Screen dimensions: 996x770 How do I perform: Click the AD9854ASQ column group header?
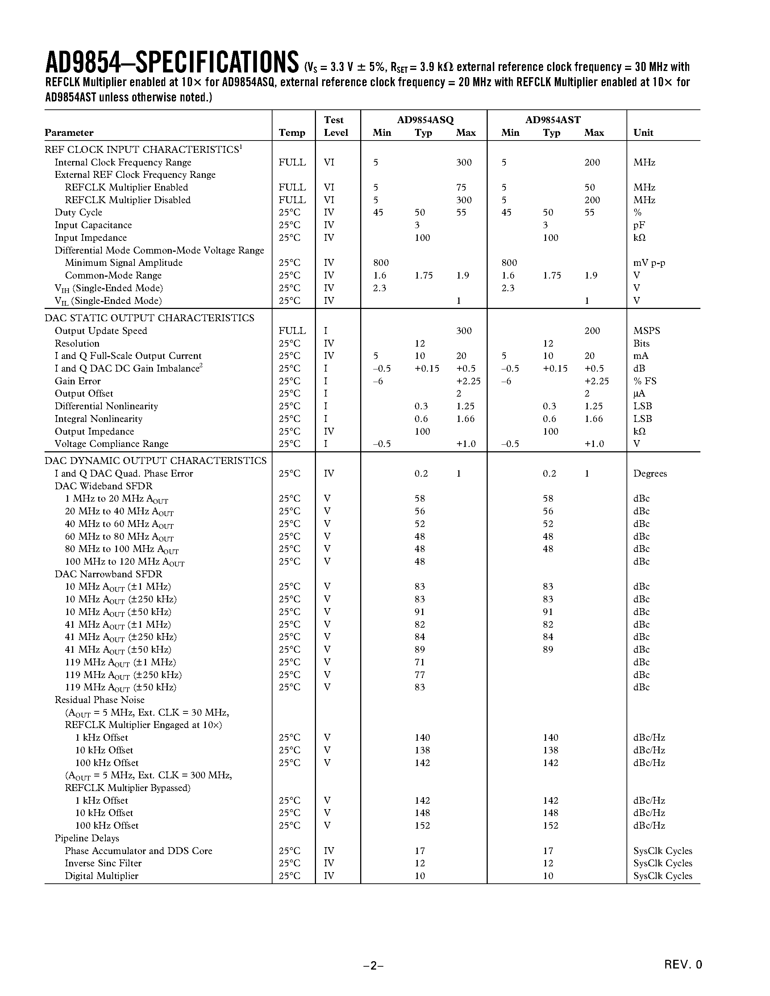(425, 120)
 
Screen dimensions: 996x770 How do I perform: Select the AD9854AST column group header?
(553, 120)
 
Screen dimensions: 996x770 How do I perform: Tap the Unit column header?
(643, 133)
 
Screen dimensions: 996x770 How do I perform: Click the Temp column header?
(292, 133)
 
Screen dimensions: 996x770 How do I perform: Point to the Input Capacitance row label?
(93, 225)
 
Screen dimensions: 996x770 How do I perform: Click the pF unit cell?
(639, 225)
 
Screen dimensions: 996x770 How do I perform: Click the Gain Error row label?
(78, 381)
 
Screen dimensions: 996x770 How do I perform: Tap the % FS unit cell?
(645, 381)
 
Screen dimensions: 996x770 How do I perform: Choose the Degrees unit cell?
(650, 473)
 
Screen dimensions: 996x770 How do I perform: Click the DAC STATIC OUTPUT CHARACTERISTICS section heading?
(149, 318)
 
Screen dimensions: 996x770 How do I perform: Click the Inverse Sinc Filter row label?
(103, 863)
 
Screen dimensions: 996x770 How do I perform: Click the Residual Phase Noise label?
(99, 700)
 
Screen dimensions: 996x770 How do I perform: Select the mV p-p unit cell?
(649, 263)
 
